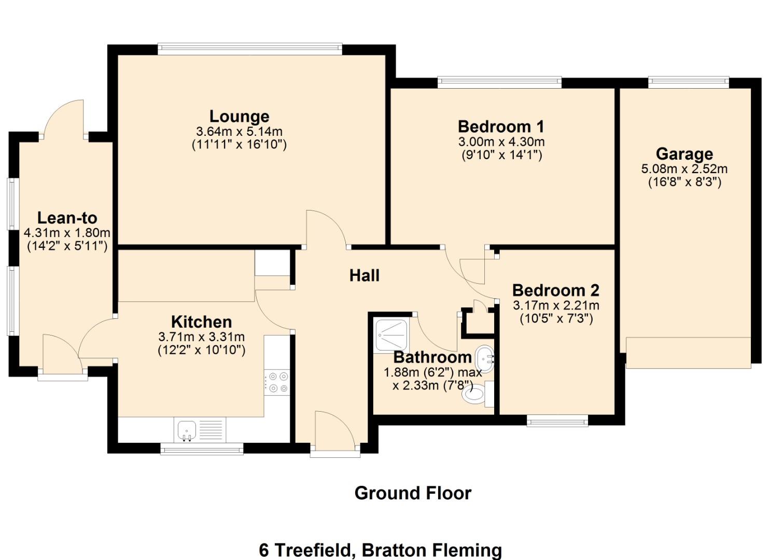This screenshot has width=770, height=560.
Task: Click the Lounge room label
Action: click(239, 116)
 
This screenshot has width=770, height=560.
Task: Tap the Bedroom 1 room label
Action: click(501, 127)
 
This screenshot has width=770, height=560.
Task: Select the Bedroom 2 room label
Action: click(555, 290)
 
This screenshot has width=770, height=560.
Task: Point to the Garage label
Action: click(684, 154)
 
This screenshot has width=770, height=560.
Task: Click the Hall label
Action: click(364, 275)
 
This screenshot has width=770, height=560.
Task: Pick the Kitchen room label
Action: click(201, 321)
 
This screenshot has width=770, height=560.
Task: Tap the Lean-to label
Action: click(67, 218)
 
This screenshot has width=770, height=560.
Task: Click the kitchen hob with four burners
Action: click(277, 383)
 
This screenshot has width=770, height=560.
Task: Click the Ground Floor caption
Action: click(413, 493)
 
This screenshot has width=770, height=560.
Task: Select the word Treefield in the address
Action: click(313, 550)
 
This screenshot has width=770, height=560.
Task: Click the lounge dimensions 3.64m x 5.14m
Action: click(239, 131)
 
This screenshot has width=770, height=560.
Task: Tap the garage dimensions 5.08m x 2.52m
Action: click(684, 169)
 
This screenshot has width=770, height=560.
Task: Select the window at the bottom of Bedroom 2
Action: click(557, 421)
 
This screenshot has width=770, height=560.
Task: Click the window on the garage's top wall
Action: click(688, 82)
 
